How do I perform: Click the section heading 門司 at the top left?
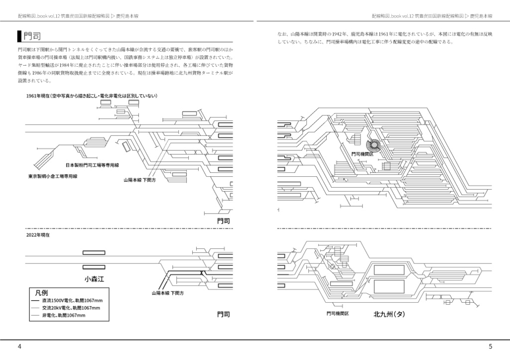coord(33,36)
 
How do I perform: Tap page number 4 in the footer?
coord(19,347)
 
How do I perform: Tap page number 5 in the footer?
coord(490,347)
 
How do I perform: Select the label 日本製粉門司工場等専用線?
coord(96,165)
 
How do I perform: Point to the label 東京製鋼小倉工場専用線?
coord(53,176)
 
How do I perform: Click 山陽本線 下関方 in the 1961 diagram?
coord(139,180)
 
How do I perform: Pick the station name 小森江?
coord(94,278)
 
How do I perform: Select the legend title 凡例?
coord(42,292)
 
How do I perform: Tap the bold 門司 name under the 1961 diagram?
coord(224,221)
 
